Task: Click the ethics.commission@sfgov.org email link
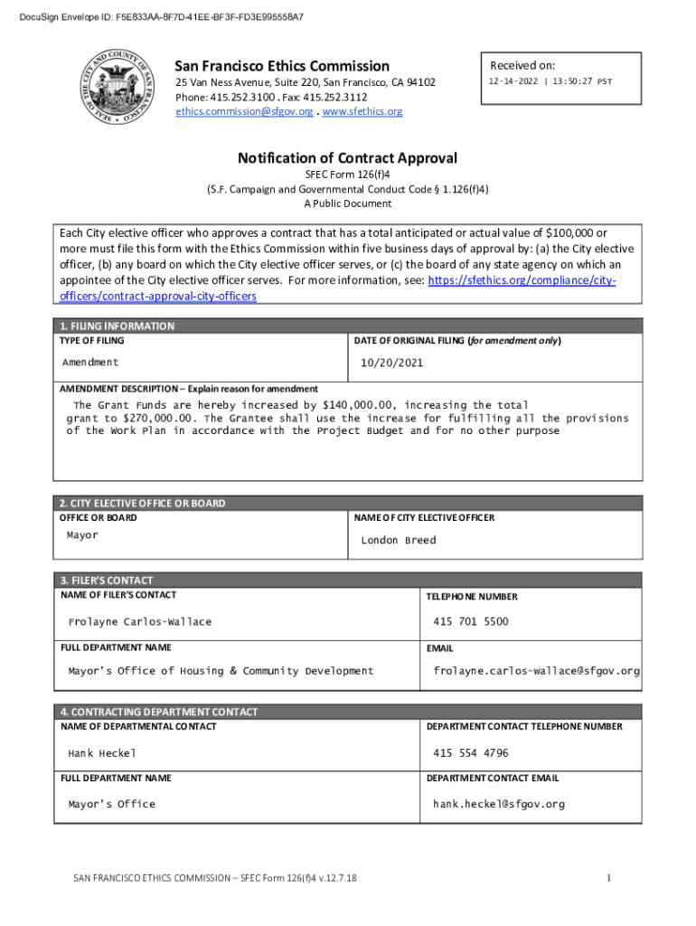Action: [244, 112]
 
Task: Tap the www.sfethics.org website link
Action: [362, 112]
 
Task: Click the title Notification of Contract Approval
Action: [347, 158]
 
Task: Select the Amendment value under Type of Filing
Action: [90, 362]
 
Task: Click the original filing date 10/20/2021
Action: [391, 363]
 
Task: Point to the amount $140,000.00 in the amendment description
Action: [361, 405]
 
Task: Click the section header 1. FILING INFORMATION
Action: [118, 326]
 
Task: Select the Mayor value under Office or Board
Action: [82, 535]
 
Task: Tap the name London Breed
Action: [398, 541]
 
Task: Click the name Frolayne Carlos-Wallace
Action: [140, 622]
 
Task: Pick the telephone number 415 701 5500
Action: [470, 622]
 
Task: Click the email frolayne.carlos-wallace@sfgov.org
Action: [536, 671]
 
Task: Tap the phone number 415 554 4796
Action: [470, 753]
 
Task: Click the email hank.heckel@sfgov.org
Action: [498, 804]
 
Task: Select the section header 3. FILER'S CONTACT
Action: [107, 581]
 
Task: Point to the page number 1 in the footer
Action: [609, 878]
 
